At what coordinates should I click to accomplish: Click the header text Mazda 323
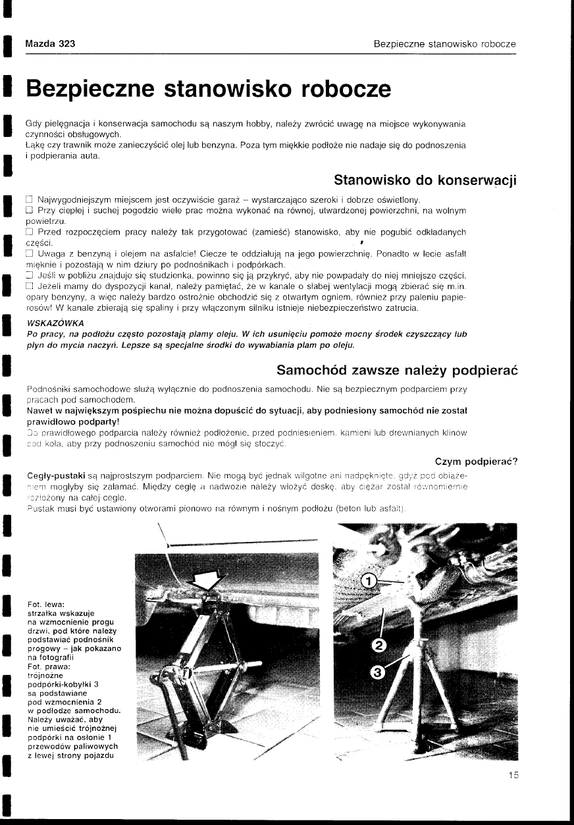tap(50, 44)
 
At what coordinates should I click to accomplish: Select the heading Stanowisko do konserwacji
tap(425, 180)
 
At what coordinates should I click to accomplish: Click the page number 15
tap(513, 776)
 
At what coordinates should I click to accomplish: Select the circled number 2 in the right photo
tap(378, 644)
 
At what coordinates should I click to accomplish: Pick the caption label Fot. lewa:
tap(44, 604)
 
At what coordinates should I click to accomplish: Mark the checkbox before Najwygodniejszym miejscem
tap(29, 200)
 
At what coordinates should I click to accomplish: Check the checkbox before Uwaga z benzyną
tap(29, 253)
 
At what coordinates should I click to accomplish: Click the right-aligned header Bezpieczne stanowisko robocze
tap(444, 44)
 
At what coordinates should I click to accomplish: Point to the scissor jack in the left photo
tap(197, 665)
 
